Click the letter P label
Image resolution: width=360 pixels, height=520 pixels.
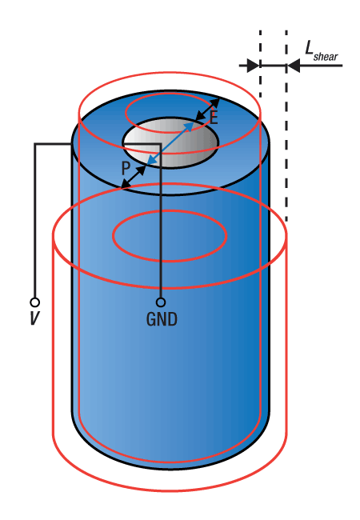(126, 168)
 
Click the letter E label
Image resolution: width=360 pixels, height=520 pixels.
(214, 117)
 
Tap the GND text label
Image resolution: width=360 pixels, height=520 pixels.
(162, 319)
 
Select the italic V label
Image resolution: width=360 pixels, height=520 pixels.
(34, 318)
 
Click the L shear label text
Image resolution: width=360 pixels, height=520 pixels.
(322, 51)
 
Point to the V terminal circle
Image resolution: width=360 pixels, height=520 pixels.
(35, 302)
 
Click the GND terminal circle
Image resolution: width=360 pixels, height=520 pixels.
(161, 302)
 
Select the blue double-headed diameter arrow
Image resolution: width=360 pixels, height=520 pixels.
(170, 143)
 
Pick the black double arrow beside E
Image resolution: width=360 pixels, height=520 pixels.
(207, 110)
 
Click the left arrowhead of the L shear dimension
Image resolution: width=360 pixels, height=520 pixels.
(253, 66)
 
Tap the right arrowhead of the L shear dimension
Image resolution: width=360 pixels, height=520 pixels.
(294, 66)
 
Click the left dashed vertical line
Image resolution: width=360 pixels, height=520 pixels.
(260, 64)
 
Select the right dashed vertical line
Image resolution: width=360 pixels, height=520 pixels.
(286, 126)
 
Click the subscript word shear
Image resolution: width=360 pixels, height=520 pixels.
(326, 57)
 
